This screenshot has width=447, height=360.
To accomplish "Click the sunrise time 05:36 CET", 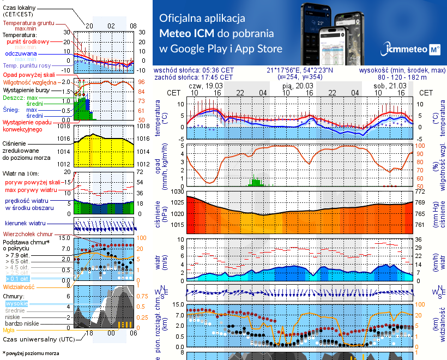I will point(218,70).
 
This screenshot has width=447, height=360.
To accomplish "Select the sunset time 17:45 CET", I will point(218,77).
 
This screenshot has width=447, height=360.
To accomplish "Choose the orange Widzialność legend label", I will point(19,286).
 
